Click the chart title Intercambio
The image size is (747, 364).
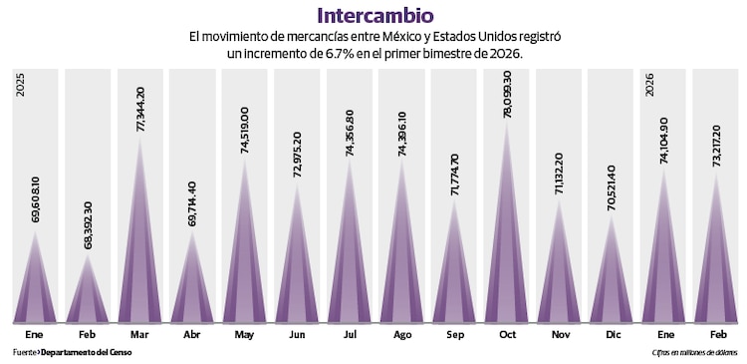373,15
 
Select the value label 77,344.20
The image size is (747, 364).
140,111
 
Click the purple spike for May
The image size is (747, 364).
245,259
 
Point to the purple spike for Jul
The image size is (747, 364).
351,259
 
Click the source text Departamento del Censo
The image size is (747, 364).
86,352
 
